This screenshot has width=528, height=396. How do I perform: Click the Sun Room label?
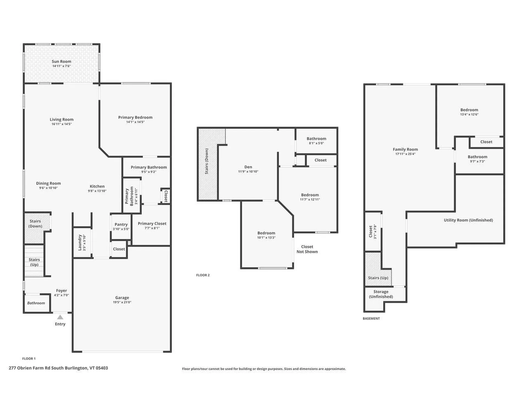[61, 62]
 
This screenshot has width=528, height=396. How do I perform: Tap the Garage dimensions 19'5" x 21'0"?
[122, 302]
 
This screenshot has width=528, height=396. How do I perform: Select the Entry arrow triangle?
[60, 317]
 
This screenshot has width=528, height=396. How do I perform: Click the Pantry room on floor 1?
[121, 226]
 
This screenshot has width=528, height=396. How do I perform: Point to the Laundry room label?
[80, 243]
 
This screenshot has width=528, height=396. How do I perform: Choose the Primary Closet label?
[152, 224]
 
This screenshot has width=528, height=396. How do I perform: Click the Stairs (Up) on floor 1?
[34, 262]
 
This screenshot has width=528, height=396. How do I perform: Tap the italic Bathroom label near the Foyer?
[36, 303]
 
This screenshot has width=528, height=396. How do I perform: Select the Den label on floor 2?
[248, 167]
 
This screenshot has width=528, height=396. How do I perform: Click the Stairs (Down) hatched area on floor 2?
[207, 165]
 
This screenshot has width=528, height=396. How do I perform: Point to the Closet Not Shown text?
[307, 249]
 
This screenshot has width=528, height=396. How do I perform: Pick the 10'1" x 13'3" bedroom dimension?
[266, 238]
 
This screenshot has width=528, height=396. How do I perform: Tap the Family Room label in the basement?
[405, 149]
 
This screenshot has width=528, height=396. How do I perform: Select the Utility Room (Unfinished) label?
[468, 220]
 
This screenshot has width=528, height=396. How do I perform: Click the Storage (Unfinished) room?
[381, 294]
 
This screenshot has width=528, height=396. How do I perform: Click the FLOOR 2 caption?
[203, 275]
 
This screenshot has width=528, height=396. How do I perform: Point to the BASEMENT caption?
[371, 318]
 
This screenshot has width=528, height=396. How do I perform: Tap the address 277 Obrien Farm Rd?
[58, 368]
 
